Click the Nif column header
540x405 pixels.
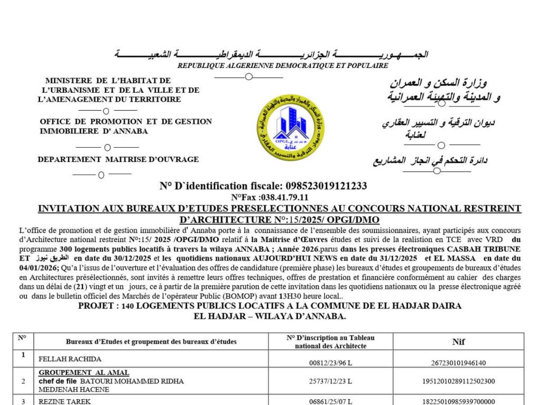[459, 342]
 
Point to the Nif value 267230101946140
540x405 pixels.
[459, 363]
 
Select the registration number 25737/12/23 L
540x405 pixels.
[331, 381]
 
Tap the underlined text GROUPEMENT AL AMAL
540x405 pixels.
[84, 373]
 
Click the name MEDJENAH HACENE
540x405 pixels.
[74, 390]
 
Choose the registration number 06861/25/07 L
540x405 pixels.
[331, 401]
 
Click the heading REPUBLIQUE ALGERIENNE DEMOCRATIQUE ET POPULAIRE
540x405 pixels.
[283, 66]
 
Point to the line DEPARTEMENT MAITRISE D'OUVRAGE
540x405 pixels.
[118, 159]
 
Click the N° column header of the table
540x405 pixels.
[23, 338]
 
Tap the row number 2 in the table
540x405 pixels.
[23, 381]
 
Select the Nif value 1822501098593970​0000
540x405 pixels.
[459, 401]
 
